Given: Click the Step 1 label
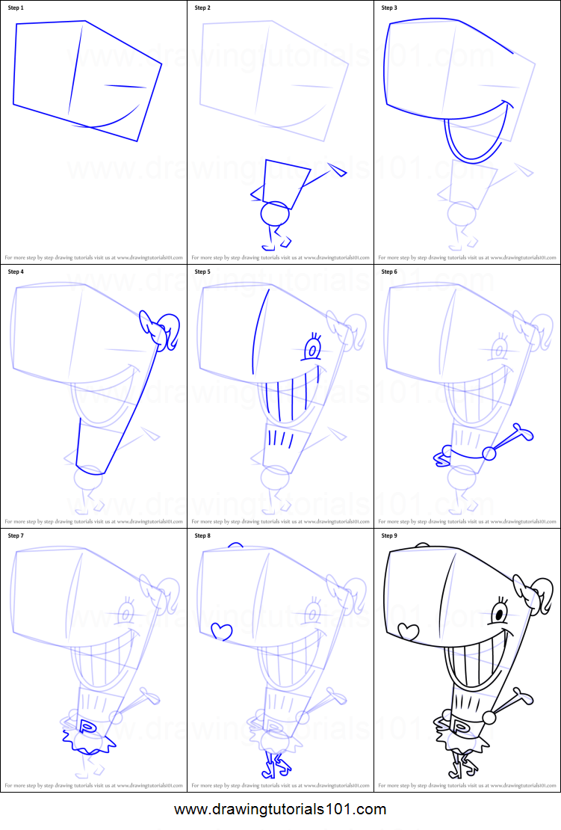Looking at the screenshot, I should click(x=16, y=7).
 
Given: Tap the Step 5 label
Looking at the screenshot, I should click(x=202, y=271).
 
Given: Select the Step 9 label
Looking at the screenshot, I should click(x=389, y=535).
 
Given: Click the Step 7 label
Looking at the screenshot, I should click(x=16, y=535).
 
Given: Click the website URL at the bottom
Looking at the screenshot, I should click(x=280, y=809).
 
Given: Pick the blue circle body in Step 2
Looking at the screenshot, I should click(x=274, y=214).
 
